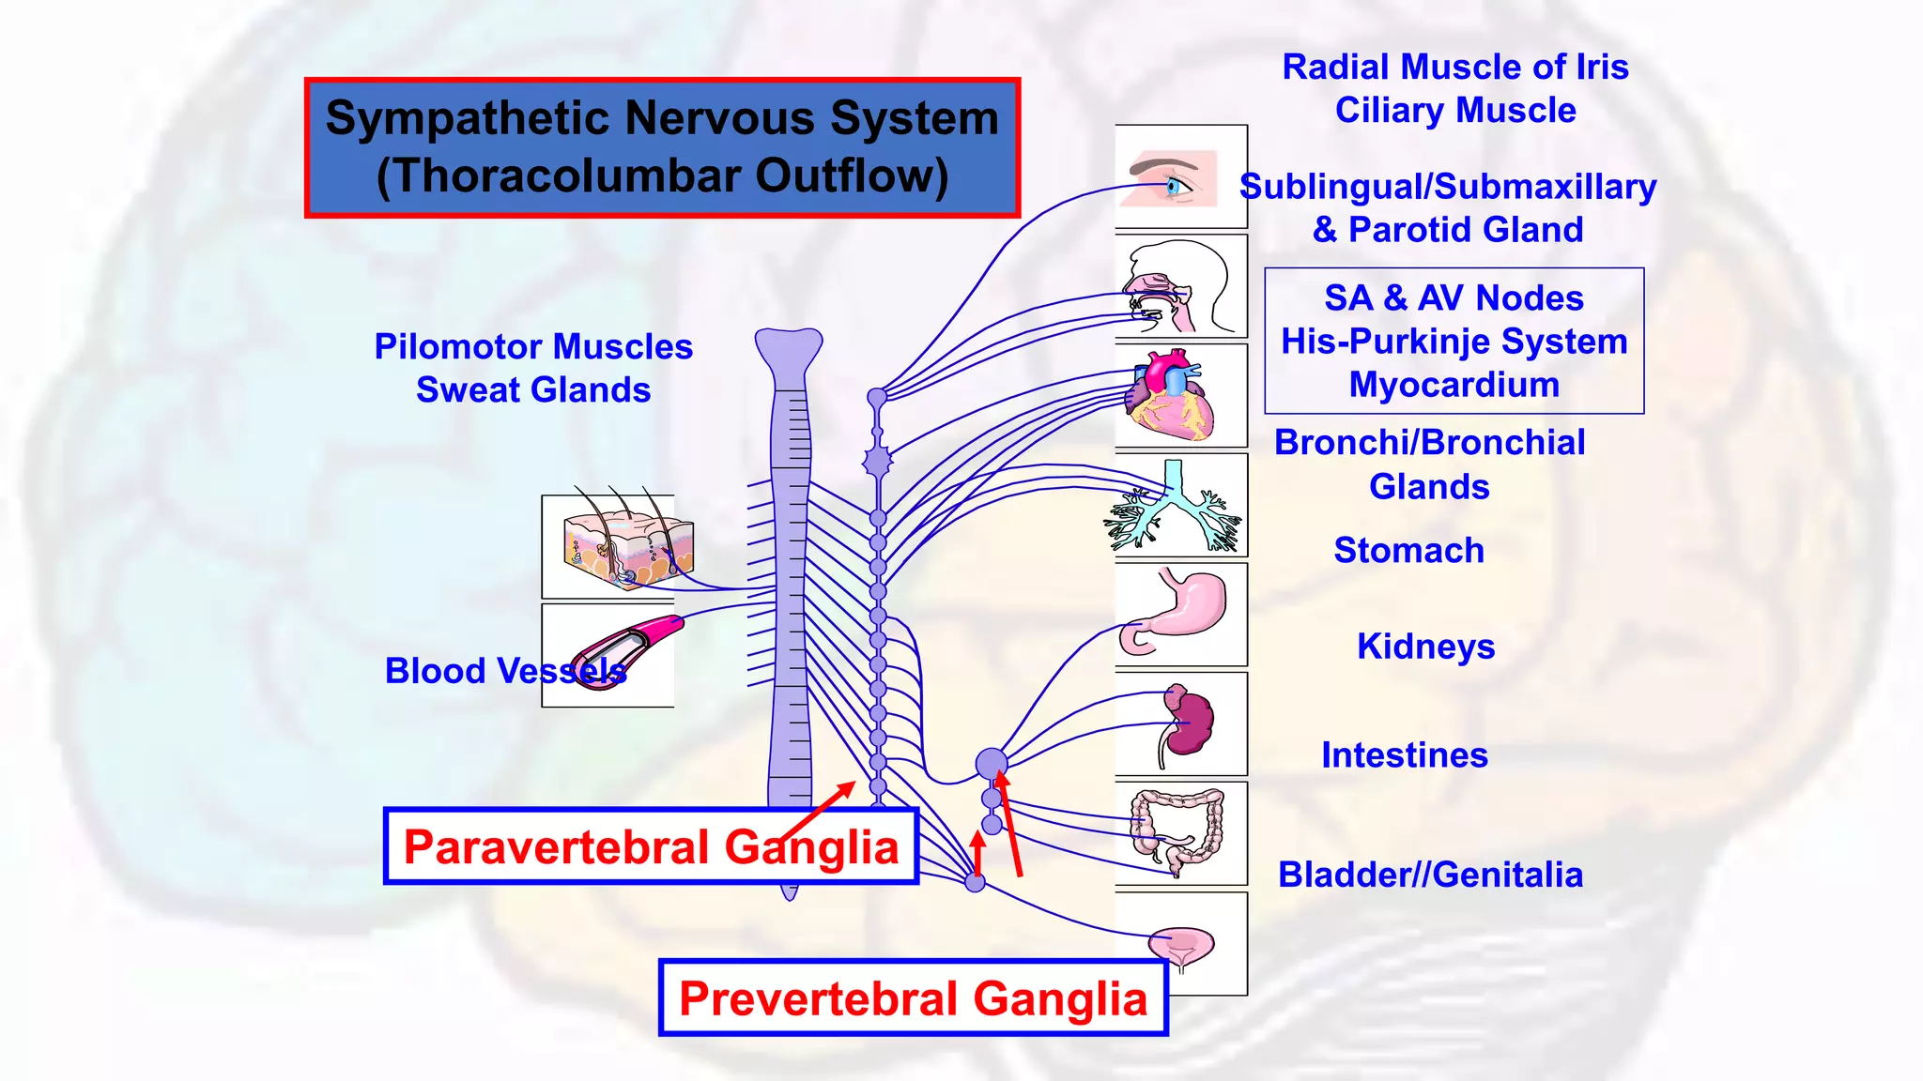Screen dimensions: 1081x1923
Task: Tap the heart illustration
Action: tap(1170, 395)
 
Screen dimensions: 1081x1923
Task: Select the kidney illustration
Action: tap(1187, 722)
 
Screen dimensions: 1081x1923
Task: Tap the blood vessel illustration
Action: tap(624, 651)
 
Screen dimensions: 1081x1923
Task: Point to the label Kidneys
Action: tap(1425, 647)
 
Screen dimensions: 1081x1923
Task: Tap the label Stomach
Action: tap(1408, 550)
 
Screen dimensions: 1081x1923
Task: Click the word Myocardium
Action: tap(1454, 385)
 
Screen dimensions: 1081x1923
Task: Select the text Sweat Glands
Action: tap(533, 389)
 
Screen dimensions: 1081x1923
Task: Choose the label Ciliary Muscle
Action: tap(1455, 110)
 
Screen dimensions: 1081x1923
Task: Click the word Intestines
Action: tap(1405, 755)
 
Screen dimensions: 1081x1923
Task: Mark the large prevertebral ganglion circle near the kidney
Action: tap(992, 764)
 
